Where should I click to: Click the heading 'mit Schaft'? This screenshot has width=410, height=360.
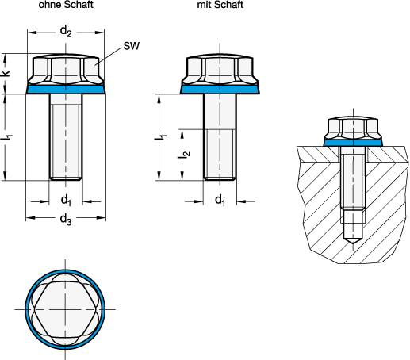tap(220, 5)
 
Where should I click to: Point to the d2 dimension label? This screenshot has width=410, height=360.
tap(67, 32)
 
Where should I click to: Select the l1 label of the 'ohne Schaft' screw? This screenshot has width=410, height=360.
tap(8, 137)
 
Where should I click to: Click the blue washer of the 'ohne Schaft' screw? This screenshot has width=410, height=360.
tap(67, 90)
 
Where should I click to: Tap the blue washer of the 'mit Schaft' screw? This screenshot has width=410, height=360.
tap(220, 90)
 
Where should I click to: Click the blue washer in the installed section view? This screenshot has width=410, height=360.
tap(352, 141)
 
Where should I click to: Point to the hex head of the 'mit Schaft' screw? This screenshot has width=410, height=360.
tap(220, 70)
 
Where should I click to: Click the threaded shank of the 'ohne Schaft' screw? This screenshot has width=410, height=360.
tap(67, 135)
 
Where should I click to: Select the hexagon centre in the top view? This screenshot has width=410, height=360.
tap(67, 307)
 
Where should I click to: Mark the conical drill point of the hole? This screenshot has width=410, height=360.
tap(352, 236)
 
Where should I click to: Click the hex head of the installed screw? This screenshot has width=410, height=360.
tap(352, 127)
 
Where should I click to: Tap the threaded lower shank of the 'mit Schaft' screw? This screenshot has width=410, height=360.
tap(220, 155)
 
